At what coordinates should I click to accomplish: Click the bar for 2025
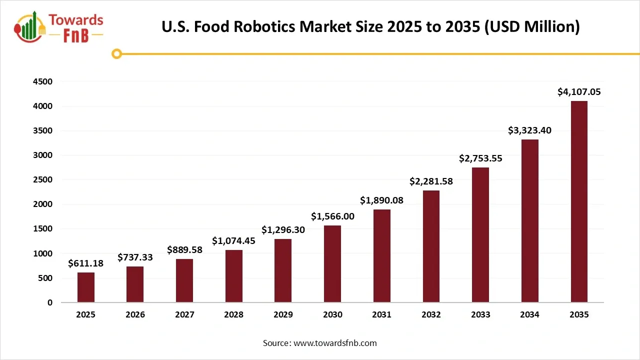(x=85, y=287)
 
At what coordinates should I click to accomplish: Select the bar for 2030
(x=332, y=263)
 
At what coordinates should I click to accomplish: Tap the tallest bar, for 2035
(x=579, y=201)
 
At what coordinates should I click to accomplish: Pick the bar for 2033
(x=480, y=234)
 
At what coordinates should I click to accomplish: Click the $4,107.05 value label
(x=579, y=92)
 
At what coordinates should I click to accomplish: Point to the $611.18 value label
(x=85, y=263)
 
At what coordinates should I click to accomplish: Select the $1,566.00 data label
(x=332, y=216)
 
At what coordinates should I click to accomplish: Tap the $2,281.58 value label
(x=431, y=181)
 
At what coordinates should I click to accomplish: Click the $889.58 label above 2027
(x=184, y=249)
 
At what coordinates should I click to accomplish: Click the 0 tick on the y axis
(x=49, y=302)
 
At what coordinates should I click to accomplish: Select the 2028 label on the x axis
(x=233, y=315)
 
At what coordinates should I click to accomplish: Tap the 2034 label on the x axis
(x=529, y=315)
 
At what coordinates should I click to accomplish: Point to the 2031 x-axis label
(x=382, y=315)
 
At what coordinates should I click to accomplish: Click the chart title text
(x=370, y=26)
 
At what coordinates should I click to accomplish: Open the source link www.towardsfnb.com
(x=334, y=343)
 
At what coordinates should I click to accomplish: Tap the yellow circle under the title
(x=117, y=53)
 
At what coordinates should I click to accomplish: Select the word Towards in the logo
(x=76, y=20)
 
